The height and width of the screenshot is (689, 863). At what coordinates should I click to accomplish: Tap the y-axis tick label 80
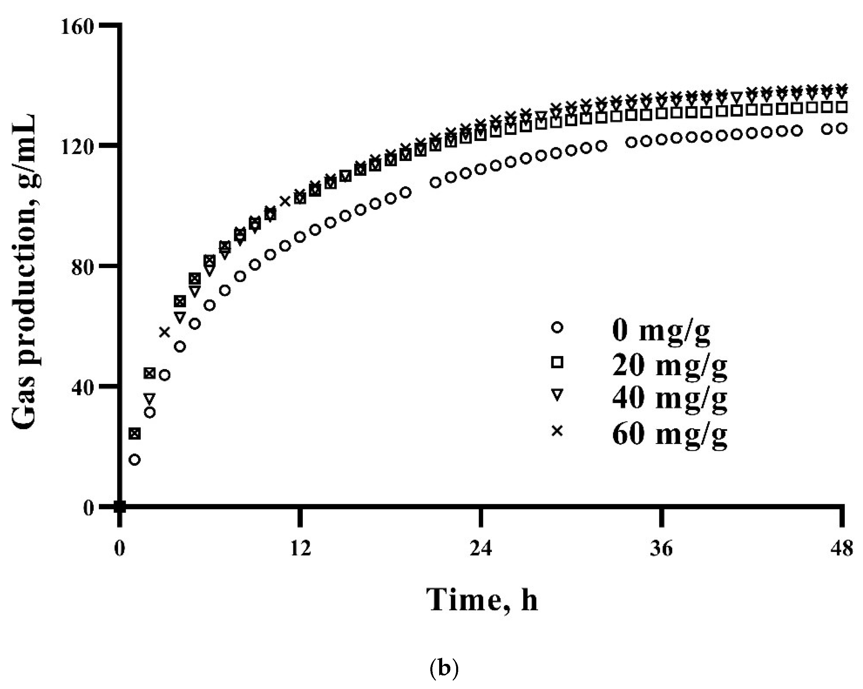83,266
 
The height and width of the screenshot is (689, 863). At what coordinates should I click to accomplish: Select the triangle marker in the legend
557,396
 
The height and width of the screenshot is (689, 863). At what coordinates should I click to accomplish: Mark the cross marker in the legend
557,431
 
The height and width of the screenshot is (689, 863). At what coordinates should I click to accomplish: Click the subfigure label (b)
444,668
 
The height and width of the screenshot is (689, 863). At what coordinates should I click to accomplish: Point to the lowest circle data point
135,460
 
